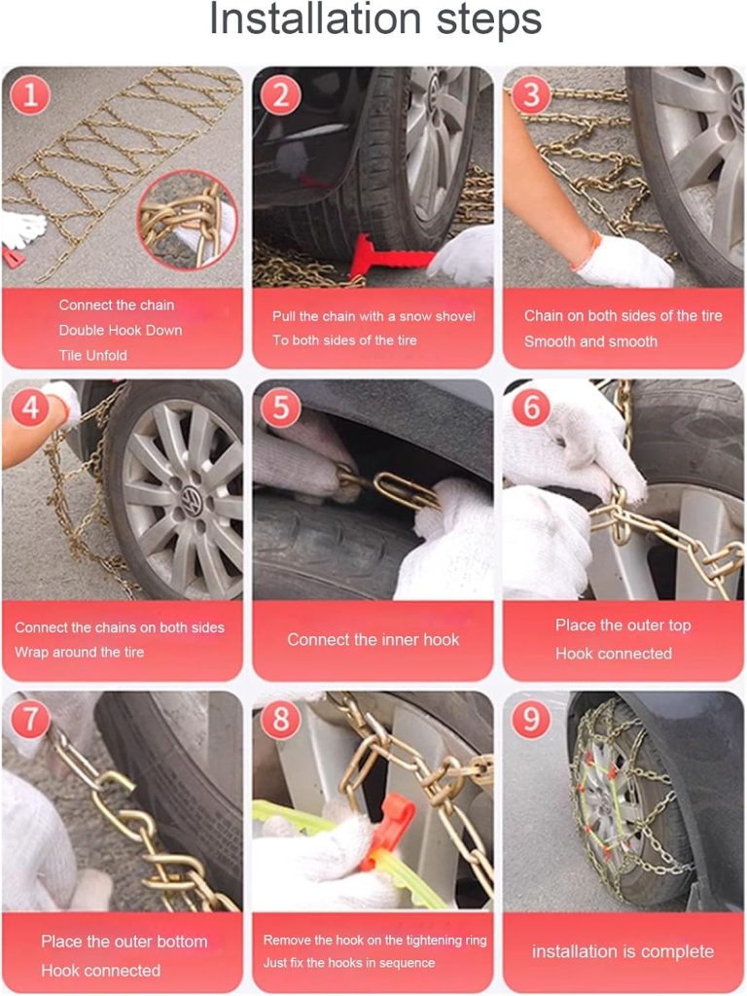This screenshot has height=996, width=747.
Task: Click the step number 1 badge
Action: (x=30, y=95)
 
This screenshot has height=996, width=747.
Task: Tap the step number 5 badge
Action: (x=280, y=408)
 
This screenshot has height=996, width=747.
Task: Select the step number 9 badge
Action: (x=531, y=719)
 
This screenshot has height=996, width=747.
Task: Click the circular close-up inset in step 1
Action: (x=188, y=220)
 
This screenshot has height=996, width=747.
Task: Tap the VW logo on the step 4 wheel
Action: (x=191, y=497)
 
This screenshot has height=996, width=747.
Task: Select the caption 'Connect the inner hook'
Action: (x=373, y=640)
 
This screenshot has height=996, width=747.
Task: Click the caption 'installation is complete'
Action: (x=622, y=951)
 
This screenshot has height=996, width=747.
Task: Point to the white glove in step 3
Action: (x=626, y=261)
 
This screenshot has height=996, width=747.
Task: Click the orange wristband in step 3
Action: (x=586, y=250)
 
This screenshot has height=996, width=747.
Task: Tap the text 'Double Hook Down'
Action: (x=120, y=331)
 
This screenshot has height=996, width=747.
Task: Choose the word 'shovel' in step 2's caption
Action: (x=455, y=316)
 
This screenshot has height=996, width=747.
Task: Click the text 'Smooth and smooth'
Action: (x=590, y=341)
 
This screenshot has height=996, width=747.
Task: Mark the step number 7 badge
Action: (x=30, y=719)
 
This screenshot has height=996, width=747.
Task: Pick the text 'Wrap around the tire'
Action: (x=79, y=653)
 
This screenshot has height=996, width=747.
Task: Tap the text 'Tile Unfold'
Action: (x=92, y=356)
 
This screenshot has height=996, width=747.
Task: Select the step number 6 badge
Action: (x=531, y=408)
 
